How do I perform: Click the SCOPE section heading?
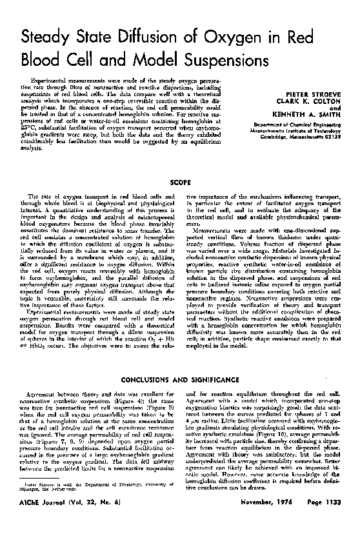(x=179, y=183)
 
